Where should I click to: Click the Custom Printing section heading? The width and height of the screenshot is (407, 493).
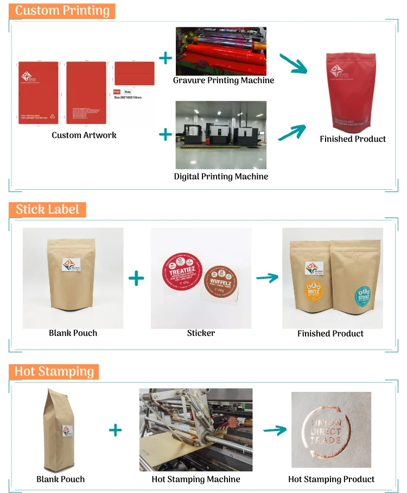click(x=62, y=11)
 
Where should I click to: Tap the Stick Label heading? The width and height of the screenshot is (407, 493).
click(x=47, y=209)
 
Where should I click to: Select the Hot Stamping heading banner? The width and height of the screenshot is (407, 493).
click(x=54, y=371)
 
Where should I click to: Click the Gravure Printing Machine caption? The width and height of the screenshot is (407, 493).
click(x=224, y=80)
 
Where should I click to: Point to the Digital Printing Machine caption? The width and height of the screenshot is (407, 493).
click(x=221, y=176)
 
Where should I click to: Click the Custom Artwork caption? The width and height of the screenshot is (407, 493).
click(x=84, y=135)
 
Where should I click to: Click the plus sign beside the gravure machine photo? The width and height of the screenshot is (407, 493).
click(x=165, y=58)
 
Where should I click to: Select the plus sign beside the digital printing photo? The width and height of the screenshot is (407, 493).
click(x=165, y=134)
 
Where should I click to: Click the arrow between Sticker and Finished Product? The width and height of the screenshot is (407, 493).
click(x=267, y=278)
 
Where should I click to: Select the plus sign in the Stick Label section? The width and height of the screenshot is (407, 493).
click(x=136, y=279)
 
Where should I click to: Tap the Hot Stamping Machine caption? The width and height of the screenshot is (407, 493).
click(x=196, y=479)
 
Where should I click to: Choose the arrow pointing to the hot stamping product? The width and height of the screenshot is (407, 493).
click(x=275, y=430)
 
